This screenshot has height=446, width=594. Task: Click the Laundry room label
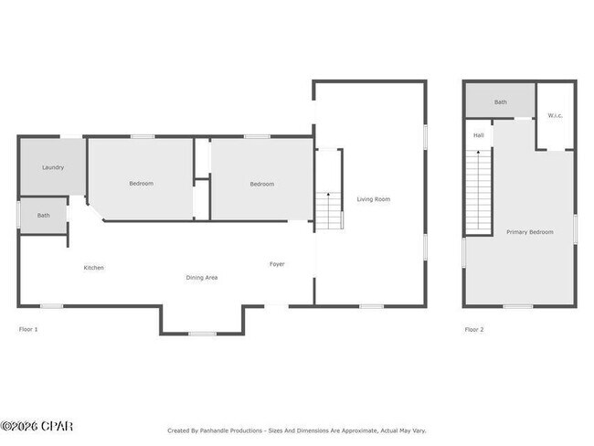[x=52, y=167]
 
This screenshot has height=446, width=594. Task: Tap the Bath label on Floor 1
[x=43, y=215]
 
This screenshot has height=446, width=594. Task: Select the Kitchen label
[x=93, y=268]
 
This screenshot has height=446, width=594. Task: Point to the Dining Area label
[x=201, y=277]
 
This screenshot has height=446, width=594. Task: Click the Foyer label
[x=276, y=264]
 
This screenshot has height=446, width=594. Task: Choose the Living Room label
[x=373, y=198]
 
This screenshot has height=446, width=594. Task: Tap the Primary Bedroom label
[x=529, y=232]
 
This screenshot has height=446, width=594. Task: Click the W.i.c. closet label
[x=555, y=115]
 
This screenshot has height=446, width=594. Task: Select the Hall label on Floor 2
[x=478, y=135]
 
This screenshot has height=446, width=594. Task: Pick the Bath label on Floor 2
[x=500, y=102]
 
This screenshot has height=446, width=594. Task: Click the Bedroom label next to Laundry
[x=141, y=184]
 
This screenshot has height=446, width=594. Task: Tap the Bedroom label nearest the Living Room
[x=261, y=184]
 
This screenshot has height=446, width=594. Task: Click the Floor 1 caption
[x=28, y=329]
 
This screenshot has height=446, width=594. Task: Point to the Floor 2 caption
[x=473, y=329]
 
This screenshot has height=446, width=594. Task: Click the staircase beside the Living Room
[x=328, y=211]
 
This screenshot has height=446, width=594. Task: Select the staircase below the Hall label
[x=478, y=193]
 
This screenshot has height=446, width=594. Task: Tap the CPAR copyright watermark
[x=37, y=426]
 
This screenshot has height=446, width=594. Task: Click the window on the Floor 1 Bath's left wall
[x=19, y=215]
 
